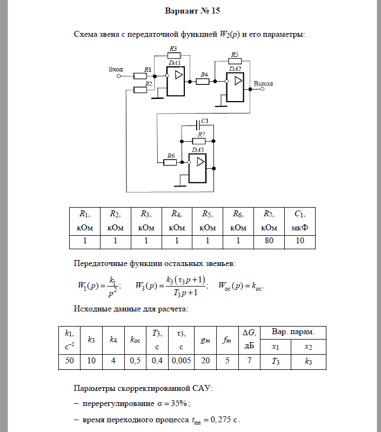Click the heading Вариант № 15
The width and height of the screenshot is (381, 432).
pos(190,10)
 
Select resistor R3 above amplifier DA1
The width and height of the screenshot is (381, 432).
pos(173,55)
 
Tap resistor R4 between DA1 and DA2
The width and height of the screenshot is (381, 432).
pos(203,81)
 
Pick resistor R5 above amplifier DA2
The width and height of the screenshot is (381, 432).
pos(235,61)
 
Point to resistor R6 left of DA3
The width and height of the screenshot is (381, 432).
pos(171,162)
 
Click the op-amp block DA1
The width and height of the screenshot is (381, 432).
pos(176,80)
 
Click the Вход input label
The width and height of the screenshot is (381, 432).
pos(116,69)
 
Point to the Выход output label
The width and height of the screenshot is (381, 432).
pos(263,84)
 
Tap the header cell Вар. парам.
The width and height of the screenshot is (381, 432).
pos(292,331)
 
